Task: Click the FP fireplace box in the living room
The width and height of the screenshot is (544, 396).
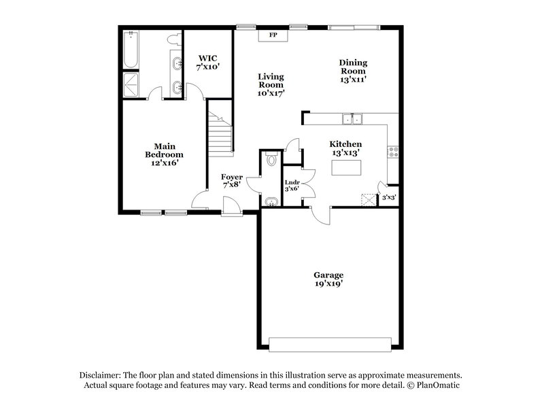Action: (x=273, y=35)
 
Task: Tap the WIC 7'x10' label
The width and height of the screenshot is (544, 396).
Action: (x=207, y=63)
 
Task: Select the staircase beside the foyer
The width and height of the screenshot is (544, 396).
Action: (x=220, y=134)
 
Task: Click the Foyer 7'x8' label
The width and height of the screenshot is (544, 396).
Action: (x=232, y=182)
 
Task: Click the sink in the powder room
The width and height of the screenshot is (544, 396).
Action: (x=271, y=201)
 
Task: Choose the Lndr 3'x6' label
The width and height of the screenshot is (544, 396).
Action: (x=292, y=186)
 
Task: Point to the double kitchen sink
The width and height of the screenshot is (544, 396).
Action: (x=354, y=120)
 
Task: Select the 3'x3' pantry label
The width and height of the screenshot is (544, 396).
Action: (x=389, y=197)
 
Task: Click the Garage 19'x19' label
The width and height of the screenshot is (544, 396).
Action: (x=328, y=280)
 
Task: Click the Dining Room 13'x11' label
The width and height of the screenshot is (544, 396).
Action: (x=353, y=71)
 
